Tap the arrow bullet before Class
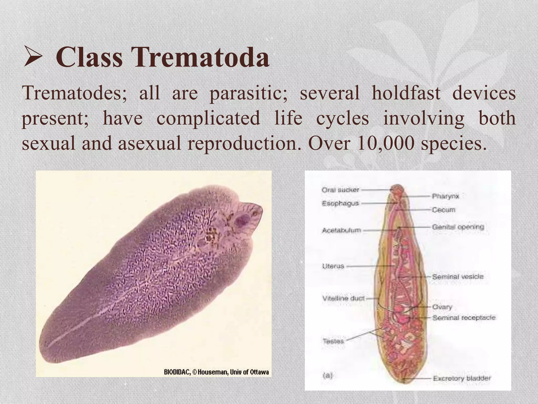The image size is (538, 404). (x=33, y=56)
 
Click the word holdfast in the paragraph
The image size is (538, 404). (x=406, y=93)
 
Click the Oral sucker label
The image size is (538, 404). (x=340, y=190)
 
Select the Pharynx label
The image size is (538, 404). (x=446, y=196)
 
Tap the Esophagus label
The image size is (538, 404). (x=340, y=203)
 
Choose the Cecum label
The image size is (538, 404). (x=443, y=210)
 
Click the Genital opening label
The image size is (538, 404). (x=458, y=227)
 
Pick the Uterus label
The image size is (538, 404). (x=333, y=266)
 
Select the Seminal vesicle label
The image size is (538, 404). (x=458, y=277)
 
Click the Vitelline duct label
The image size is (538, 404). (x=343, y=298)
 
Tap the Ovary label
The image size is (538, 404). (x=442, y=307)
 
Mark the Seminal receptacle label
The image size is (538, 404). (x=464, y=318)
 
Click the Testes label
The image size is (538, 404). (x=333, y=341)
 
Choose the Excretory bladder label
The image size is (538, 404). (x=462, y=378)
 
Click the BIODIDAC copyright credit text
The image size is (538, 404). (x=216, y=372)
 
